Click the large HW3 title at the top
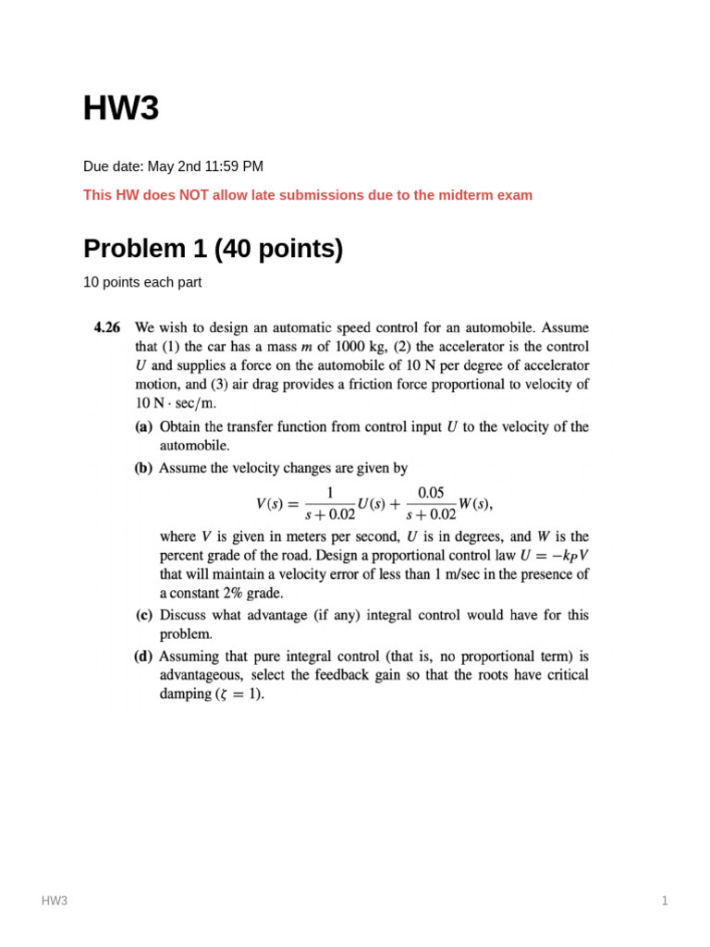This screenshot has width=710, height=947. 121,109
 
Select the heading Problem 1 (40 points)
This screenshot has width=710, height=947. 213,249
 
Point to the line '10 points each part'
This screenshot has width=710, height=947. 142,283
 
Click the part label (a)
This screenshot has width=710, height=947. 144,427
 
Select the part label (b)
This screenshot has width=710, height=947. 144,468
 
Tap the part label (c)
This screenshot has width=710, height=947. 144,615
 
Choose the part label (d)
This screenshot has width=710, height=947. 144,657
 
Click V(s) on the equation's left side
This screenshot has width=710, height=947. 274,504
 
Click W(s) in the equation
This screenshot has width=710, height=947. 477,504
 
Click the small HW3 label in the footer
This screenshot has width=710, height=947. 55,901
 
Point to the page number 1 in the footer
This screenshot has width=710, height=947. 664,901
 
